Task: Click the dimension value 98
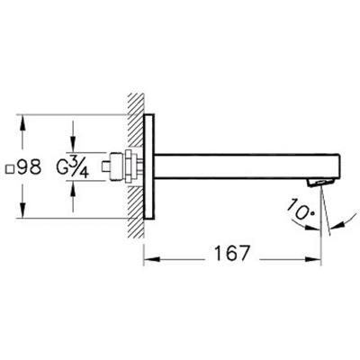click(x=30, y=166)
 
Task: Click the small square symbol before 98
click(x=10, y=169)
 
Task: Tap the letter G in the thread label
click(x=62, y=168)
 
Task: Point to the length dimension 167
click(x=232, y=254)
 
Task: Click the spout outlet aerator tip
click(x=320, y=182)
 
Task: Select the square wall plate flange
click(x=149, y=166)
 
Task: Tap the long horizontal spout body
click(x=247, y=166)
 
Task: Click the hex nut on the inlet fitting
click(x=129, y=166)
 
